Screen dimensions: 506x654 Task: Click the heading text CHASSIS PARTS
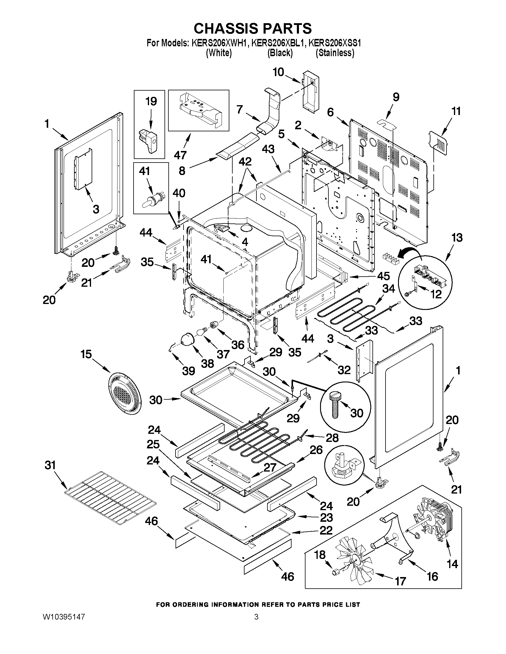coord(253,29)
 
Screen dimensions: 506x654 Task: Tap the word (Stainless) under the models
coord(335,53)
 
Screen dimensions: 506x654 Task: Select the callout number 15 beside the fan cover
coord(86,354)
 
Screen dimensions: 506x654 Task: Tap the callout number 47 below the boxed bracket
coord(181,155)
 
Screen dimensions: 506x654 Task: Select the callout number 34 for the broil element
coord(388,289)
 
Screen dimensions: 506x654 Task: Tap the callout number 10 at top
coord(278,72)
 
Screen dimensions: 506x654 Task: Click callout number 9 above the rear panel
coord(396,97)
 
